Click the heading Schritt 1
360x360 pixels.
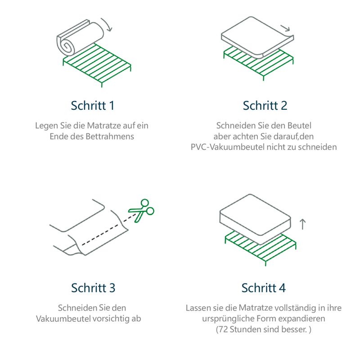pos(92,106)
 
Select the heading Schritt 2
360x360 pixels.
pos(265,106)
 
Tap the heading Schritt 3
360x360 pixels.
pos(93,288)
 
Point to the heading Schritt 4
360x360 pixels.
pos(263,288)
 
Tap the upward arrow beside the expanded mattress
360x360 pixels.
pos(302,224)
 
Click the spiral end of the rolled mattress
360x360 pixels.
pos(67,45)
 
